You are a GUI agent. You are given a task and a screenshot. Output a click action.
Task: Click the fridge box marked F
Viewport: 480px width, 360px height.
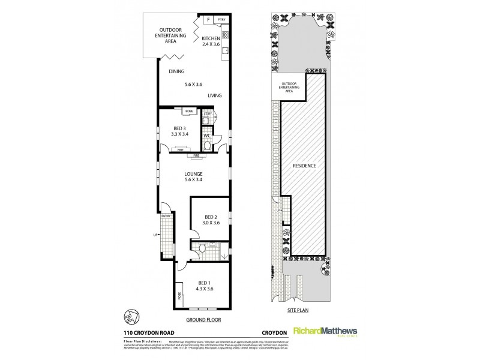click(x=208, y=20)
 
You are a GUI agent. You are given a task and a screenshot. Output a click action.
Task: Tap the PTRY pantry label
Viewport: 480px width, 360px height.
click(x=221, y=20)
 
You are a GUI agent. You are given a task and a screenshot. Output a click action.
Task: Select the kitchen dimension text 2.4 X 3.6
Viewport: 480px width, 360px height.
click(x=211, y=44)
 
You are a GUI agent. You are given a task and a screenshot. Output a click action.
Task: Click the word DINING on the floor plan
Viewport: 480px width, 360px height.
click(x=176, y=71)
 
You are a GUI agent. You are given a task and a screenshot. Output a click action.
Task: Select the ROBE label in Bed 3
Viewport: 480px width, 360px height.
click(x=189, y=112)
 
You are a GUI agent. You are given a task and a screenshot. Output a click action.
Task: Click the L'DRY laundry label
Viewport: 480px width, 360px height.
click(x=207, y=113)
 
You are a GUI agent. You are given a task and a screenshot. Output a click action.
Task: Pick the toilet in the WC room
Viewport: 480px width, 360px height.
click(x=207, y=144)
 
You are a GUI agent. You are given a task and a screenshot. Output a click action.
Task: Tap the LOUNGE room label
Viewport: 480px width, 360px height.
click(x=193, y=175)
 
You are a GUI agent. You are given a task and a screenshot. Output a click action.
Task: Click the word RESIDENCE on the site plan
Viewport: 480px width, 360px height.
click(x=304, y=166)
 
